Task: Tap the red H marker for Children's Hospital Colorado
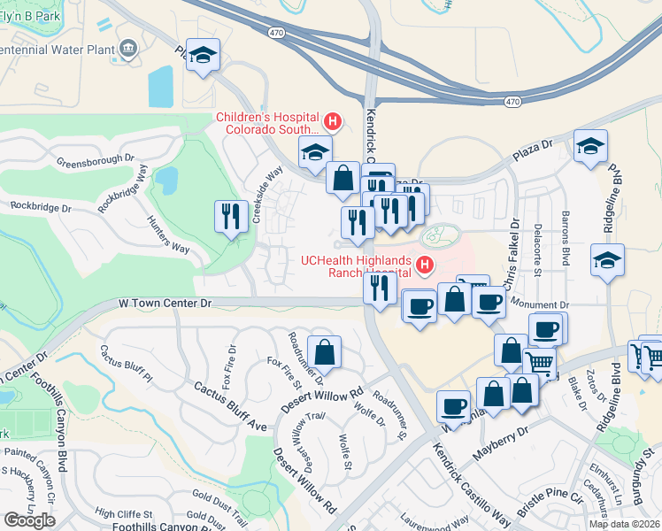pos(333,121)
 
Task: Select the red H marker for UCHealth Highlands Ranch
pos(425,264)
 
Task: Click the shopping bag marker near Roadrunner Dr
pos(325,351)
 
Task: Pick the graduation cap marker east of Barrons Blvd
pos(607,261)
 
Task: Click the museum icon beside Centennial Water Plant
pos(129,46)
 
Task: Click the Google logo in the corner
pos(29,519)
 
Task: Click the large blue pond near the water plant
pos(161,86)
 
